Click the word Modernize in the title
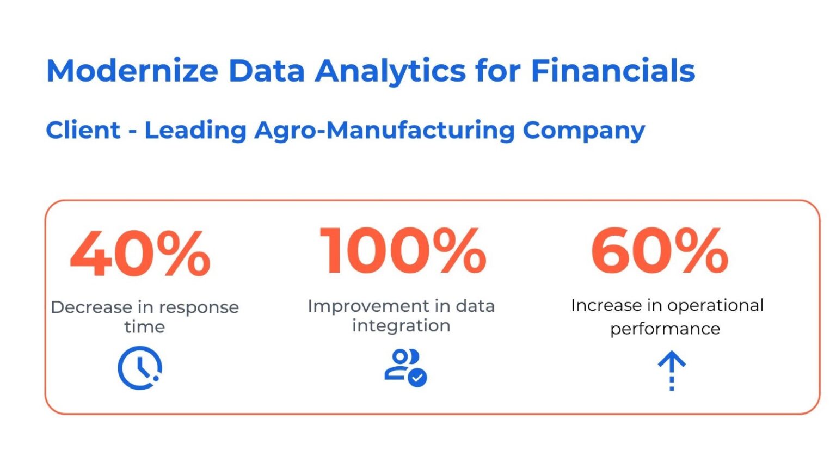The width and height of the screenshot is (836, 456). pyautogui.click(x=132, y=71)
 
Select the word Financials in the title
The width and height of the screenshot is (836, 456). pyautogui.click(x=613, y=71)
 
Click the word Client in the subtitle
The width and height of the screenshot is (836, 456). pyautogui.click(x=83, y=130)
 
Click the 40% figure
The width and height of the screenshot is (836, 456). pyautogui.click(x=140, y=253)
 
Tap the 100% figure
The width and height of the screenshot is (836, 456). pyautogui.click(x=403, y=251)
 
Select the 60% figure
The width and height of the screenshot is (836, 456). pyautogui.click(x=659, y=251)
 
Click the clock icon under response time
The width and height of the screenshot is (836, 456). pyautogui.click(x=140, y=368)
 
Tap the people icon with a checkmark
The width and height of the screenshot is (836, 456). pyautogui.click(x=405, y=368)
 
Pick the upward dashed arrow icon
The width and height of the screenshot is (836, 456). pyautogui.click(x=672, y=371)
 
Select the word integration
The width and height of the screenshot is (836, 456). pyautogui.click(x=401, y=326)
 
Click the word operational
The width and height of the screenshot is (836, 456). pyautogui.click(x=715, y=306)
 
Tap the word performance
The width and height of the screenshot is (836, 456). pyautogui.click(x=665, y=329)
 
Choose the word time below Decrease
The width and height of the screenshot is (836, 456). pyautogui.click(x=144, y=327)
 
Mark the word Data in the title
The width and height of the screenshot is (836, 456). pyautogui.click(x=266, y=71)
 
